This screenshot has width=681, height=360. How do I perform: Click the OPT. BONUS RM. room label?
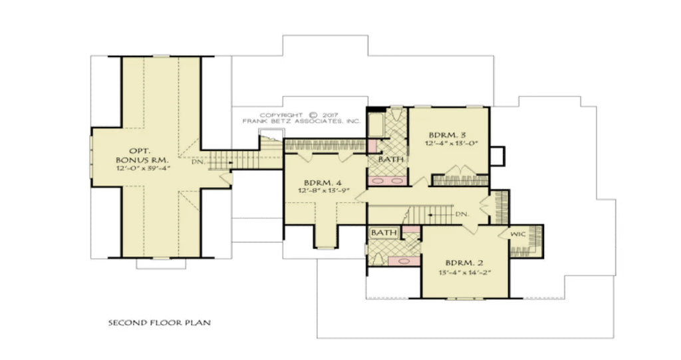(142, 156)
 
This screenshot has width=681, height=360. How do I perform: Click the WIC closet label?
(519, 235)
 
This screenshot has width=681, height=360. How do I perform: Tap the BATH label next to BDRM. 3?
(389, 160)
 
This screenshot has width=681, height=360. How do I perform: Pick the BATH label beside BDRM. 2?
(383, 232)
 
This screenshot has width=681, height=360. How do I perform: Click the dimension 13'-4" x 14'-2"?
(465, 271)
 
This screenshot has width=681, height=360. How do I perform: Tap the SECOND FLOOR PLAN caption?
(159, 323)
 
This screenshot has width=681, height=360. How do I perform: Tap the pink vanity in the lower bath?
(403, 262)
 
